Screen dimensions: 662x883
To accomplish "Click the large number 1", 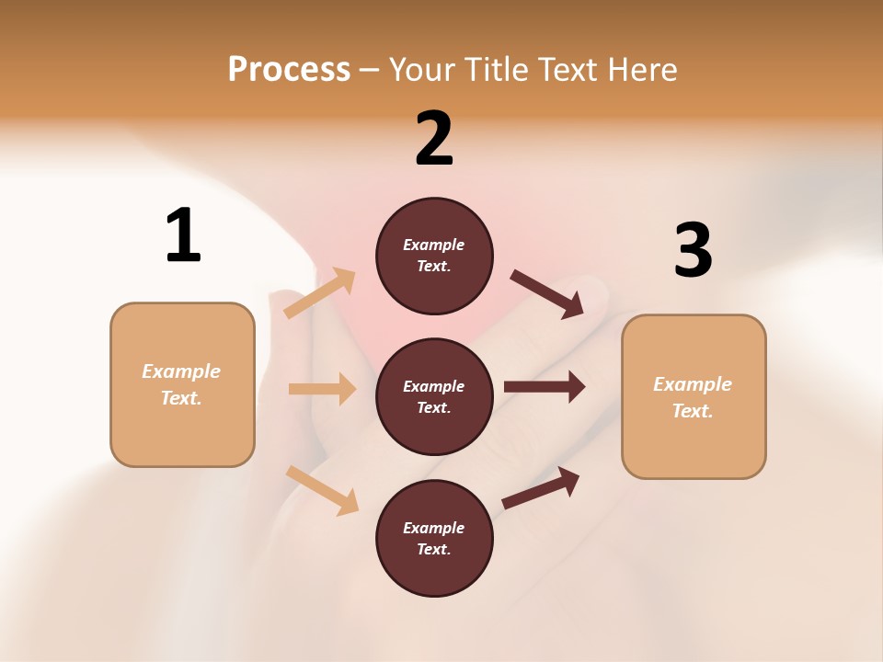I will (183, 235).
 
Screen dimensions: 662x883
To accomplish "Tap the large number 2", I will (434, 139).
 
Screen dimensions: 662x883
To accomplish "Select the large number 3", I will (693, 251).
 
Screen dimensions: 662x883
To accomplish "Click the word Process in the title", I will (289, 69).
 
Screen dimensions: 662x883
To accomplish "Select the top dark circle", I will (434, 256).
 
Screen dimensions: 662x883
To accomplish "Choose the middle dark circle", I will (434, 396).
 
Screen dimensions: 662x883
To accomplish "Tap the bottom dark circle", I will (434, 538).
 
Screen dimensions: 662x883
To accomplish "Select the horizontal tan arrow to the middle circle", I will (322, 389).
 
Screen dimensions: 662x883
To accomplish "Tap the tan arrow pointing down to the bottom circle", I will (322, 489).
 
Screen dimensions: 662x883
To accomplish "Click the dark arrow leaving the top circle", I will (547, 294).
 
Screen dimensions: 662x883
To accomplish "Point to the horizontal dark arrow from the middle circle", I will (545, 387).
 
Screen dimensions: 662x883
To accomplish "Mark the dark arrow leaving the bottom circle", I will (541, 487).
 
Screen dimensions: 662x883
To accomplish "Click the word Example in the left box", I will (181, 371).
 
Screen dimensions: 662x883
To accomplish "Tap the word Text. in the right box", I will (693, 411).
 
